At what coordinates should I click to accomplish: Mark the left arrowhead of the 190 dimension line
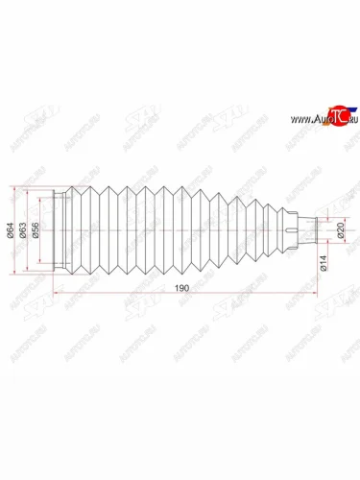point(57,293)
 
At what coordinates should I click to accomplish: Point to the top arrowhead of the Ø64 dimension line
point(12,183)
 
